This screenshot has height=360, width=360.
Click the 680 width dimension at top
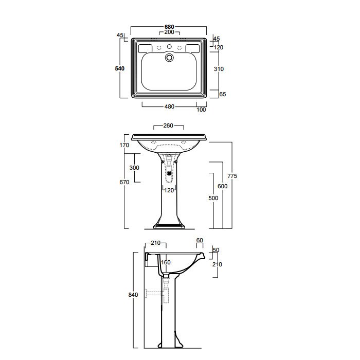coord(169,27)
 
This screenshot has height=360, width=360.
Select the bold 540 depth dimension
coord(120,68)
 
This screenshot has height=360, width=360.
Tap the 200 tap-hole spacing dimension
coord(169,32)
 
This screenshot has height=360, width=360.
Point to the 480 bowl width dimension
coord(169,106)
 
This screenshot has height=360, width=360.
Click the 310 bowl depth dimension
coord(219,69)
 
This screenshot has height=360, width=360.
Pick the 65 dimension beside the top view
coord(223,94)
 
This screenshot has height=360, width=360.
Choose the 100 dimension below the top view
coord(201,110)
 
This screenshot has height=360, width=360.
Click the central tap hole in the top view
coord(169,47)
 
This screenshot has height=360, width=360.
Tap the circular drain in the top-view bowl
coord(169,58)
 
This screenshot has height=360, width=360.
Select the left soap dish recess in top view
coord(145,48)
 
